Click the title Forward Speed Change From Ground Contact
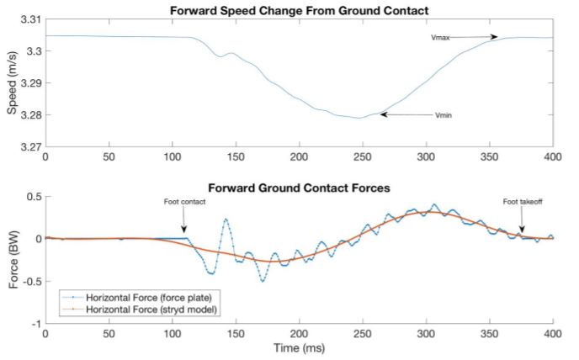pyautogui.click(x=299, y=9)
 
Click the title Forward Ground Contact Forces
pyautogui.click(x=299, y=188)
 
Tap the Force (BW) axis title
pyautogui.click(x=11, y=260)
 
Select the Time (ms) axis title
pyautogui.click(x=299, y=347)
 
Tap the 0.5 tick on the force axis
pyautogui.click(x=32, y=197)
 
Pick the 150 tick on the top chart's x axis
pyautogui.click(x=172, y=157)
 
